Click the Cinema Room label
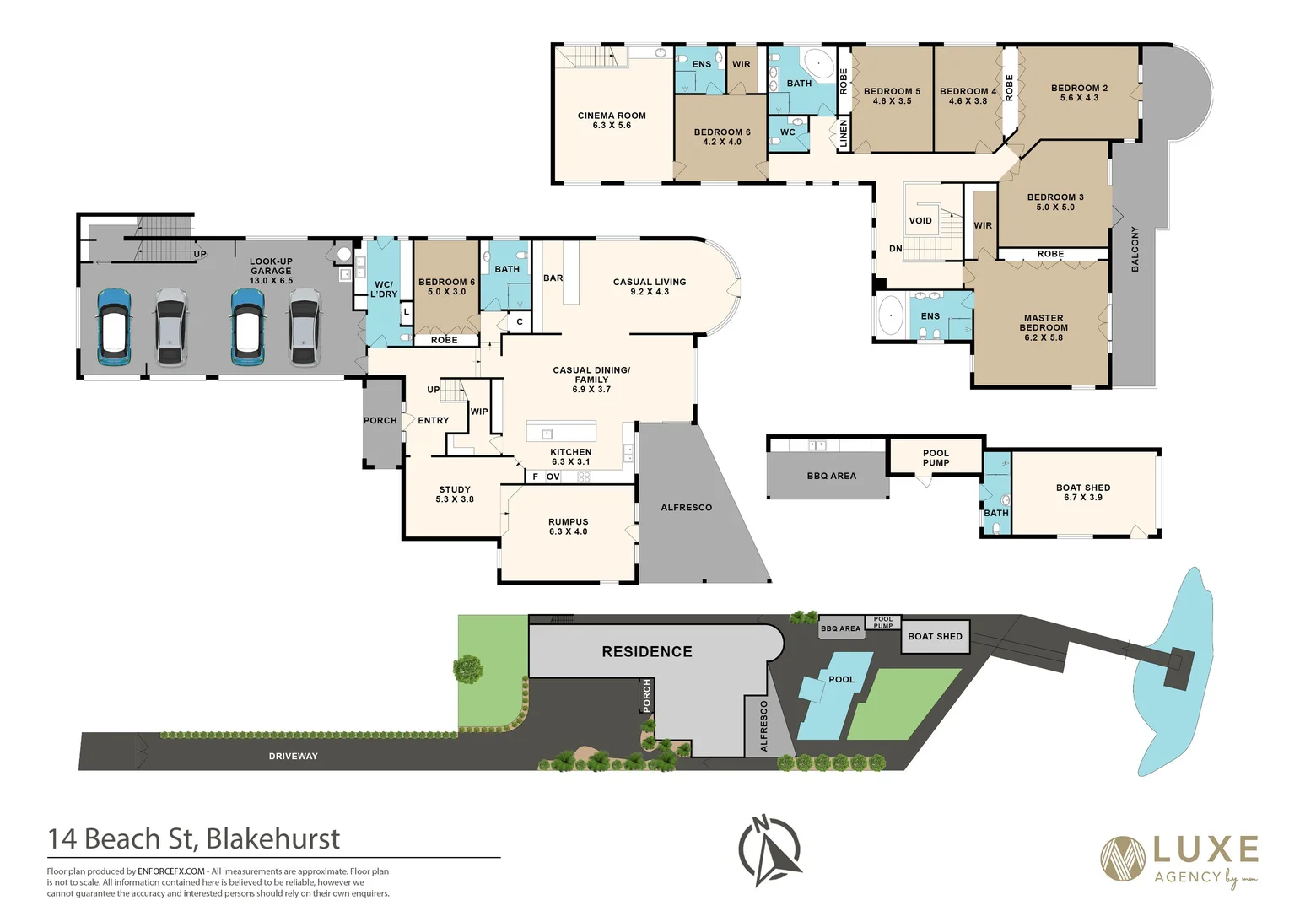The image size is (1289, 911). point(612,116)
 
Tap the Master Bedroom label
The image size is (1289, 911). point(1044,323)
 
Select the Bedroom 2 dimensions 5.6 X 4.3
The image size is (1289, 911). point(1079,98)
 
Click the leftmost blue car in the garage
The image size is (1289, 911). point(113,327)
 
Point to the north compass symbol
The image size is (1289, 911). point(769,850)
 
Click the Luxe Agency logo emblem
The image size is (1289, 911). point(1123,858)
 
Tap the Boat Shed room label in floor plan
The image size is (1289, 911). point(1083,488)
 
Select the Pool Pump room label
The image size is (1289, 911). point(936,458)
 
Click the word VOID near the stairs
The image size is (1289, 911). point(920,221)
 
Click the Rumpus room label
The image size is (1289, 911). point(568,522)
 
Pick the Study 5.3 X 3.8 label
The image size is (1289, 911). point(455,494)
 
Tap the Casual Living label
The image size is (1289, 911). point(650,282)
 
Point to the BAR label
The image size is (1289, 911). point(553,278)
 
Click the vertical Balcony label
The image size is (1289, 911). point(1135,249)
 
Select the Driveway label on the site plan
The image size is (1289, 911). point(293,757)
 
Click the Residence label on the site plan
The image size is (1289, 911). point(647,652)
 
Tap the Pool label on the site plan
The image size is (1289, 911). point(841,680)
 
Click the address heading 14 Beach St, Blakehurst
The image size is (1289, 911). point(194,839)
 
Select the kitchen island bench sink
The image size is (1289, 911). point(547,434)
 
